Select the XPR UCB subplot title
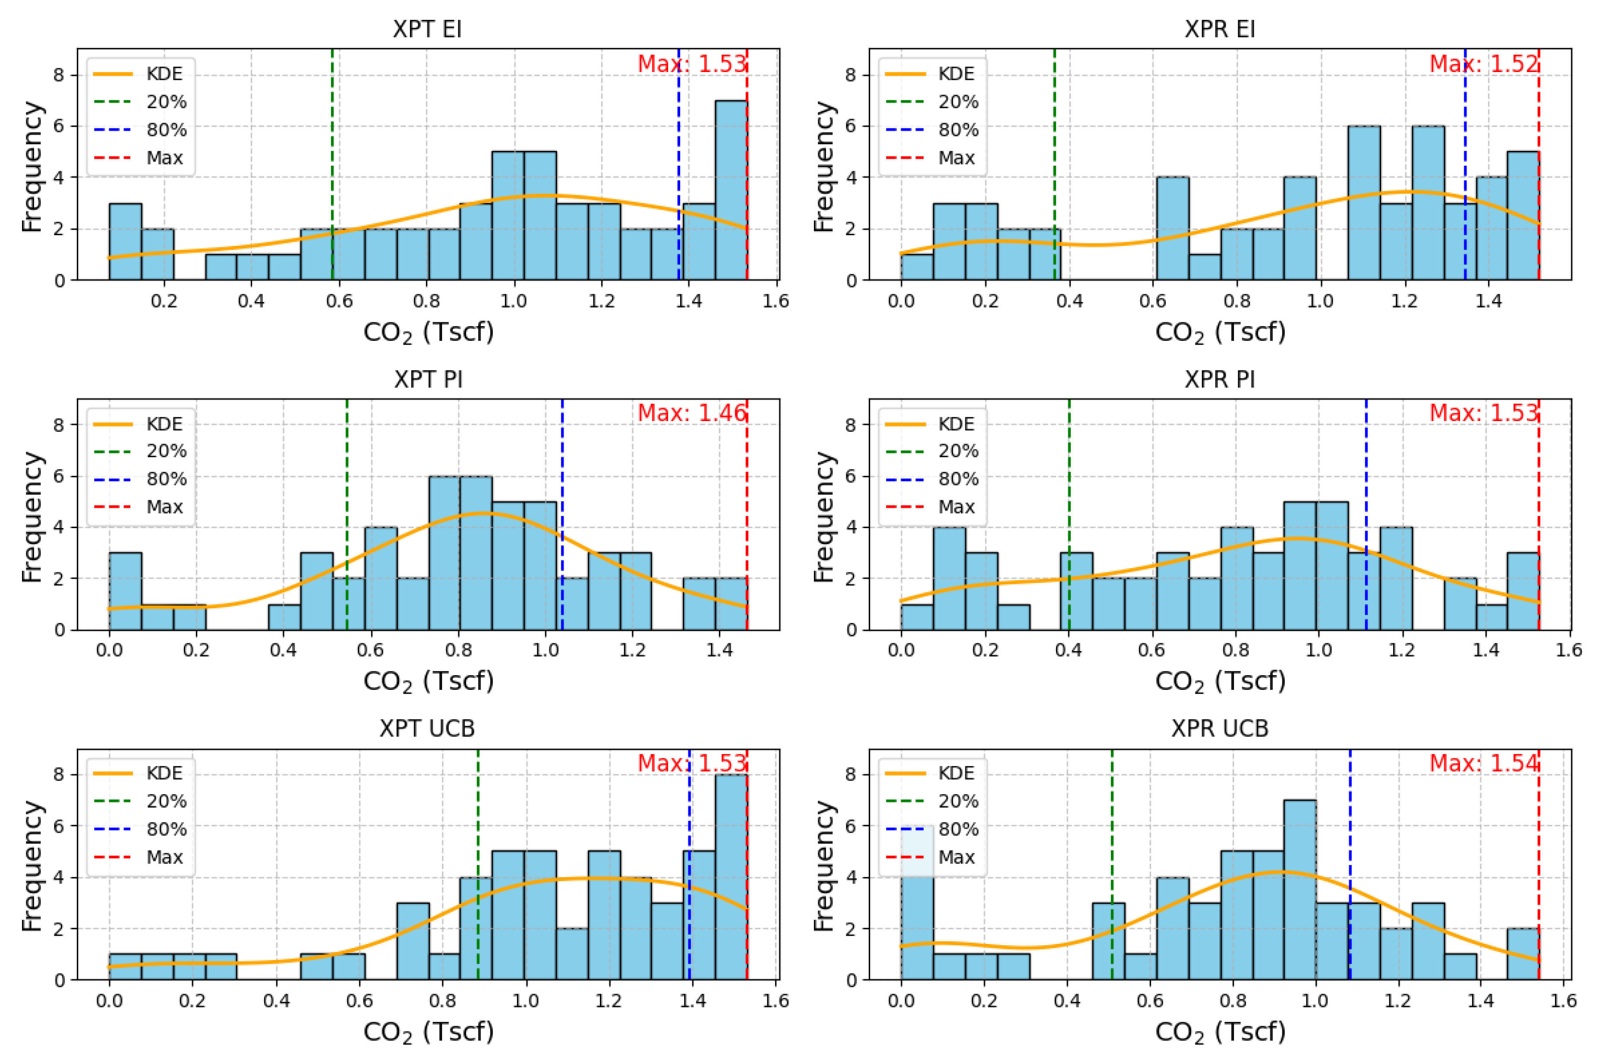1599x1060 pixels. point(1219,728)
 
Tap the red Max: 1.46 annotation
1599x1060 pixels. point(692,412)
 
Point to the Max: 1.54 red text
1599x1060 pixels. point(1483,763)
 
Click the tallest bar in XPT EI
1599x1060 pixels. point(731,190)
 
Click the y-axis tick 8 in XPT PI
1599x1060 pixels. point(59,425)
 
